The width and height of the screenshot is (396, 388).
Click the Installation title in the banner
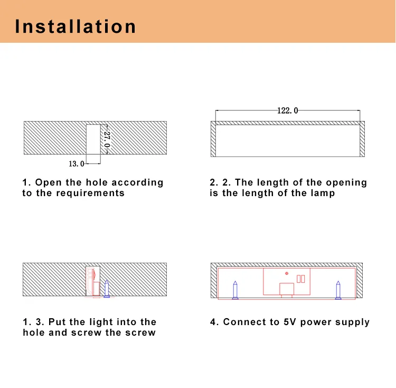(x=76, y=26)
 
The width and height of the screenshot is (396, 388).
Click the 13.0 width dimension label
(x=77, y=164)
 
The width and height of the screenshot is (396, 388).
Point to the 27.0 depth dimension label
(x=107, y=139)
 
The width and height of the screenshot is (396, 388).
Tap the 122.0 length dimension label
(x=287, y=110)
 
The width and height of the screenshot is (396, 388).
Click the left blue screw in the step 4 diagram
(x=235, y=290)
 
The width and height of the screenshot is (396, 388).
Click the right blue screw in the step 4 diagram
(x=337, y=290)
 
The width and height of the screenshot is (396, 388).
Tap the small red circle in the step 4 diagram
(x=287, y=273)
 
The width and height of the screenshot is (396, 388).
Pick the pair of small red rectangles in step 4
(x=300, y=279)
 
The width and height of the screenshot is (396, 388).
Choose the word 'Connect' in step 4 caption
(x=243, y=322)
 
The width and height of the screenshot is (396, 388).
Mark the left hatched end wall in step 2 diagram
(x=213, y=139)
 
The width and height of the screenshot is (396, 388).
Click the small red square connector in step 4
(x=287, y=289)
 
